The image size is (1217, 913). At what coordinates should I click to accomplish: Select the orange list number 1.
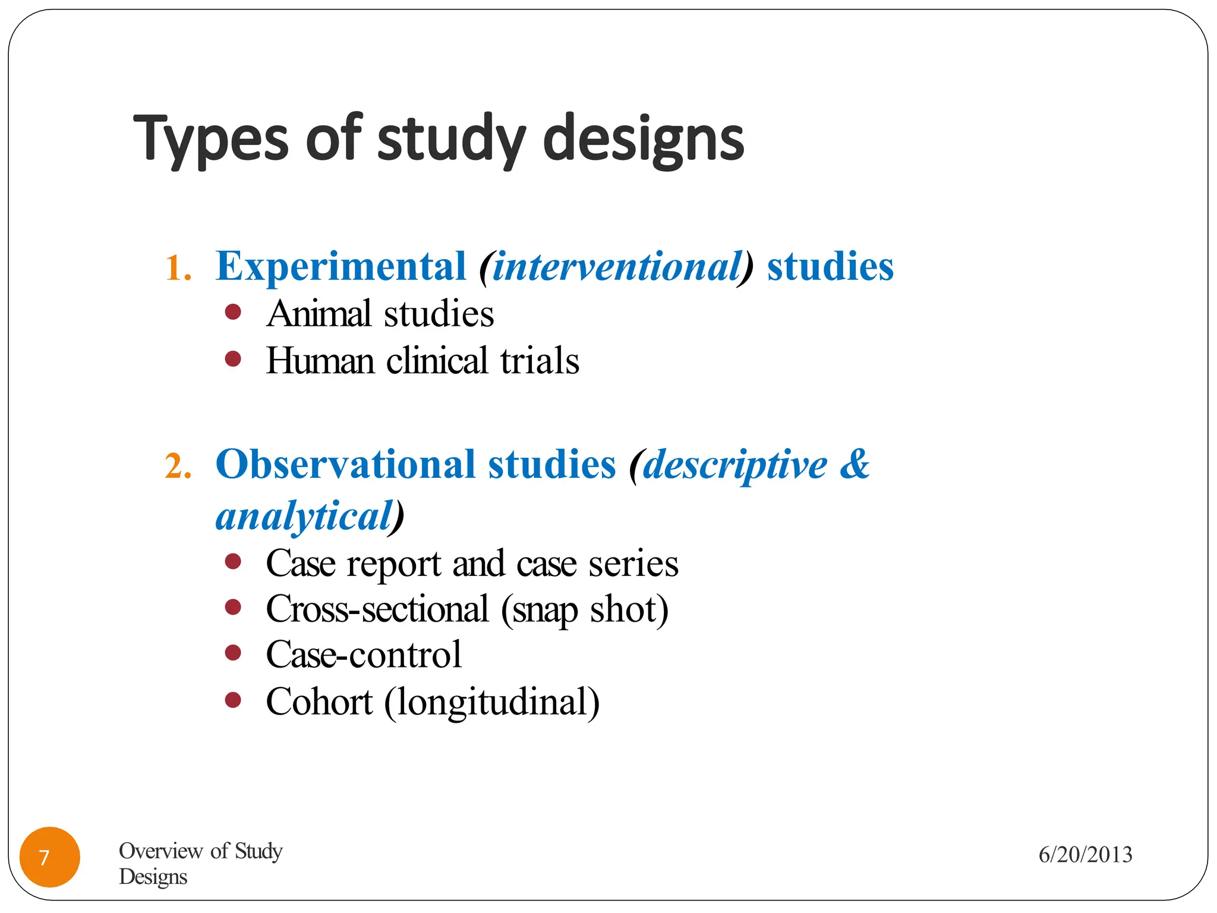coord(177,267)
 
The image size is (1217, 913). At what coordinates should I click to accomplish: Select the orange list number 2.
coord(177,466)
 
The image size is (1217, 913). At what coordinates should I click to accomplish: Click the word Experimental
coord(340,266)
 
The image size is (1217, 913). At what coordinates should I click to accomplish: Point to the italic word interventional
coord(617,266)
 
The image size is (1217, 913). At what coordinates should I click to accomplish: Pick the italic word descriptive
coord(734,464)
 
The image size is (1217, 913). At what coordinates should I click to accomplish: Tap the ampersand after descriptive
coord(854,464)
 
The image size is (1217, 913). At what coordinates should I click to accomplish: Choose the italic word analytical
coord(304,515)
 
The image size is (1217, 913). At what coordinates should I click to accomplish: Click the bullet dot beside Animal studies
coord(233,313)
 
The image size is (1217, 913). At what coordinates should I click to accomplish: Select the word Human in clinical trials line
coord(320,361)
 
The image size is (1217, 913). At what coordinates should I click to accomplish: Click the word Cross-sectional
coord(377,609)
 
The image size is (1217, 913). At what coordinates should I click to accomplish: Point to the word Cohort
coord(319,701)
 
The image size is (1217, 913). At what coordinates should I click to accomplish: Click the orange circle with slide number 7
coord(49,857)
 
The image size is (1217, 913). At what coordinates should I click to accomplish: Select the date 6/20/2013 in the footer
coord(1085,855)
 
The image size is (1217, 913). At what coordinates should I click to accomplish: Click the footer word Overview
coord(160,851)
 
